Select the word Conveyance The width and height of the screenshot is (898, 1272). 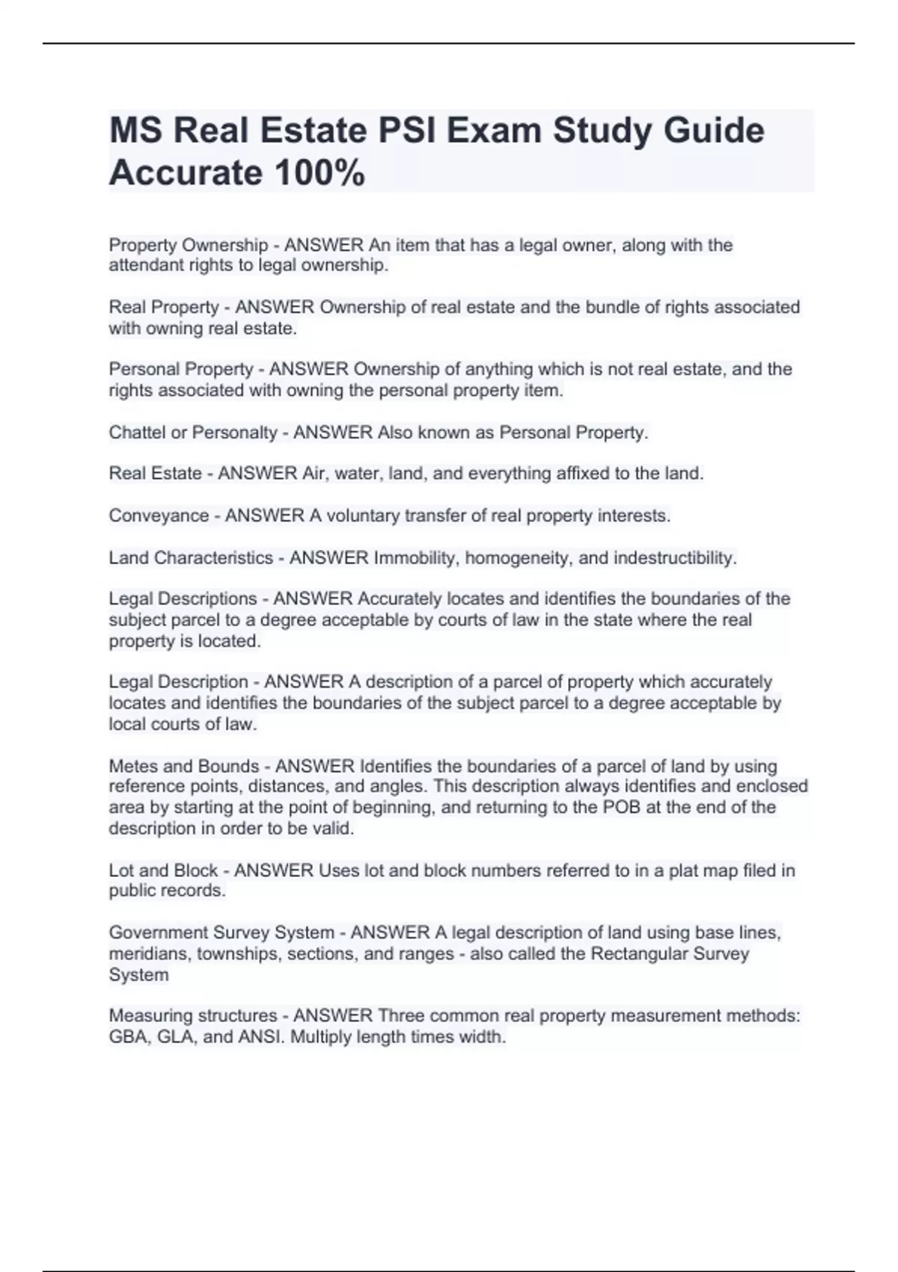coord(159,516)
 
